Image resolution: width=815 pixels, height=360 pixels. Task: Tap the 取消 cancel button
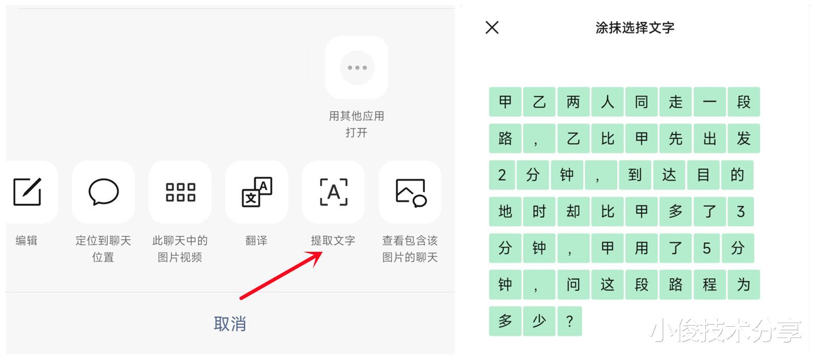230,324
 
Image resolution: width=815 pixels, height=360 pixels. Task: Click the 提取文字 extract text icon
334,192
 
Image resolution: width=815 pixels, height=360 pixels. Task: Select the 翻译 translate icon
257,192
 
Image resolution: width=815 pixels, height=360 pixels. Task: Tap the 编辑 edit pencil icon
27,192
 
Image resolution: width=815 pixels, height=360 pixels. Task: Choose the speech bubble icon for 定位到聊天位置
104,192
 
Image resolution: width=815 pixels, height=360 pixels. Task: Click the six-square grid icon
180,192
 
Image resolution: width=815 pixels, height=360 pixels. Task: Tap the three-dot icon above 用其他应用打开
357,67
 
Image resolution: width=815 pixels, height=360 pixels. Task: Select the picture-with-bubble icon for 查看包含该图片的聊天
411,192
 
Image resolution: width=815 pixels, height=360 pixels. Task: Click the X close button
492,27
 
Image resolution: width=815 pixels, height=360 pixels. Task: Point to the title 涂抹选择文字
635,28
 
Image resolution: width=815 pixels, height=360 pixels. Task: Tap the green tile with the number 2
502,175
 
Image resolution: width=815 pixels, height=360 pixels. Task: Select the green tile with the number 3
741,211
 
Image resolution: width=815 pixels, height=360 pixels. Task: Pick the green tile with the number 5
706,248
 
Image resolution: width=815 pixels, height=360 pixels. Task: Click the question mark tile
570,321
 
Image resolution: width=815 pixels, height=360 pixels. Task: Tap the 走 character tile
675,102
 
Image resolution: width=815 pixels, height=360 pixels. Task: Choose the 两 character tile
574,102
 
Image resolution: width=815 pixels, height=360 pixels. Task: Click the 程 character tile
710,285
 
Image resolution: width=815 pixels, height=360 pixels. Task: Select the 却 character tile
574,211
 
